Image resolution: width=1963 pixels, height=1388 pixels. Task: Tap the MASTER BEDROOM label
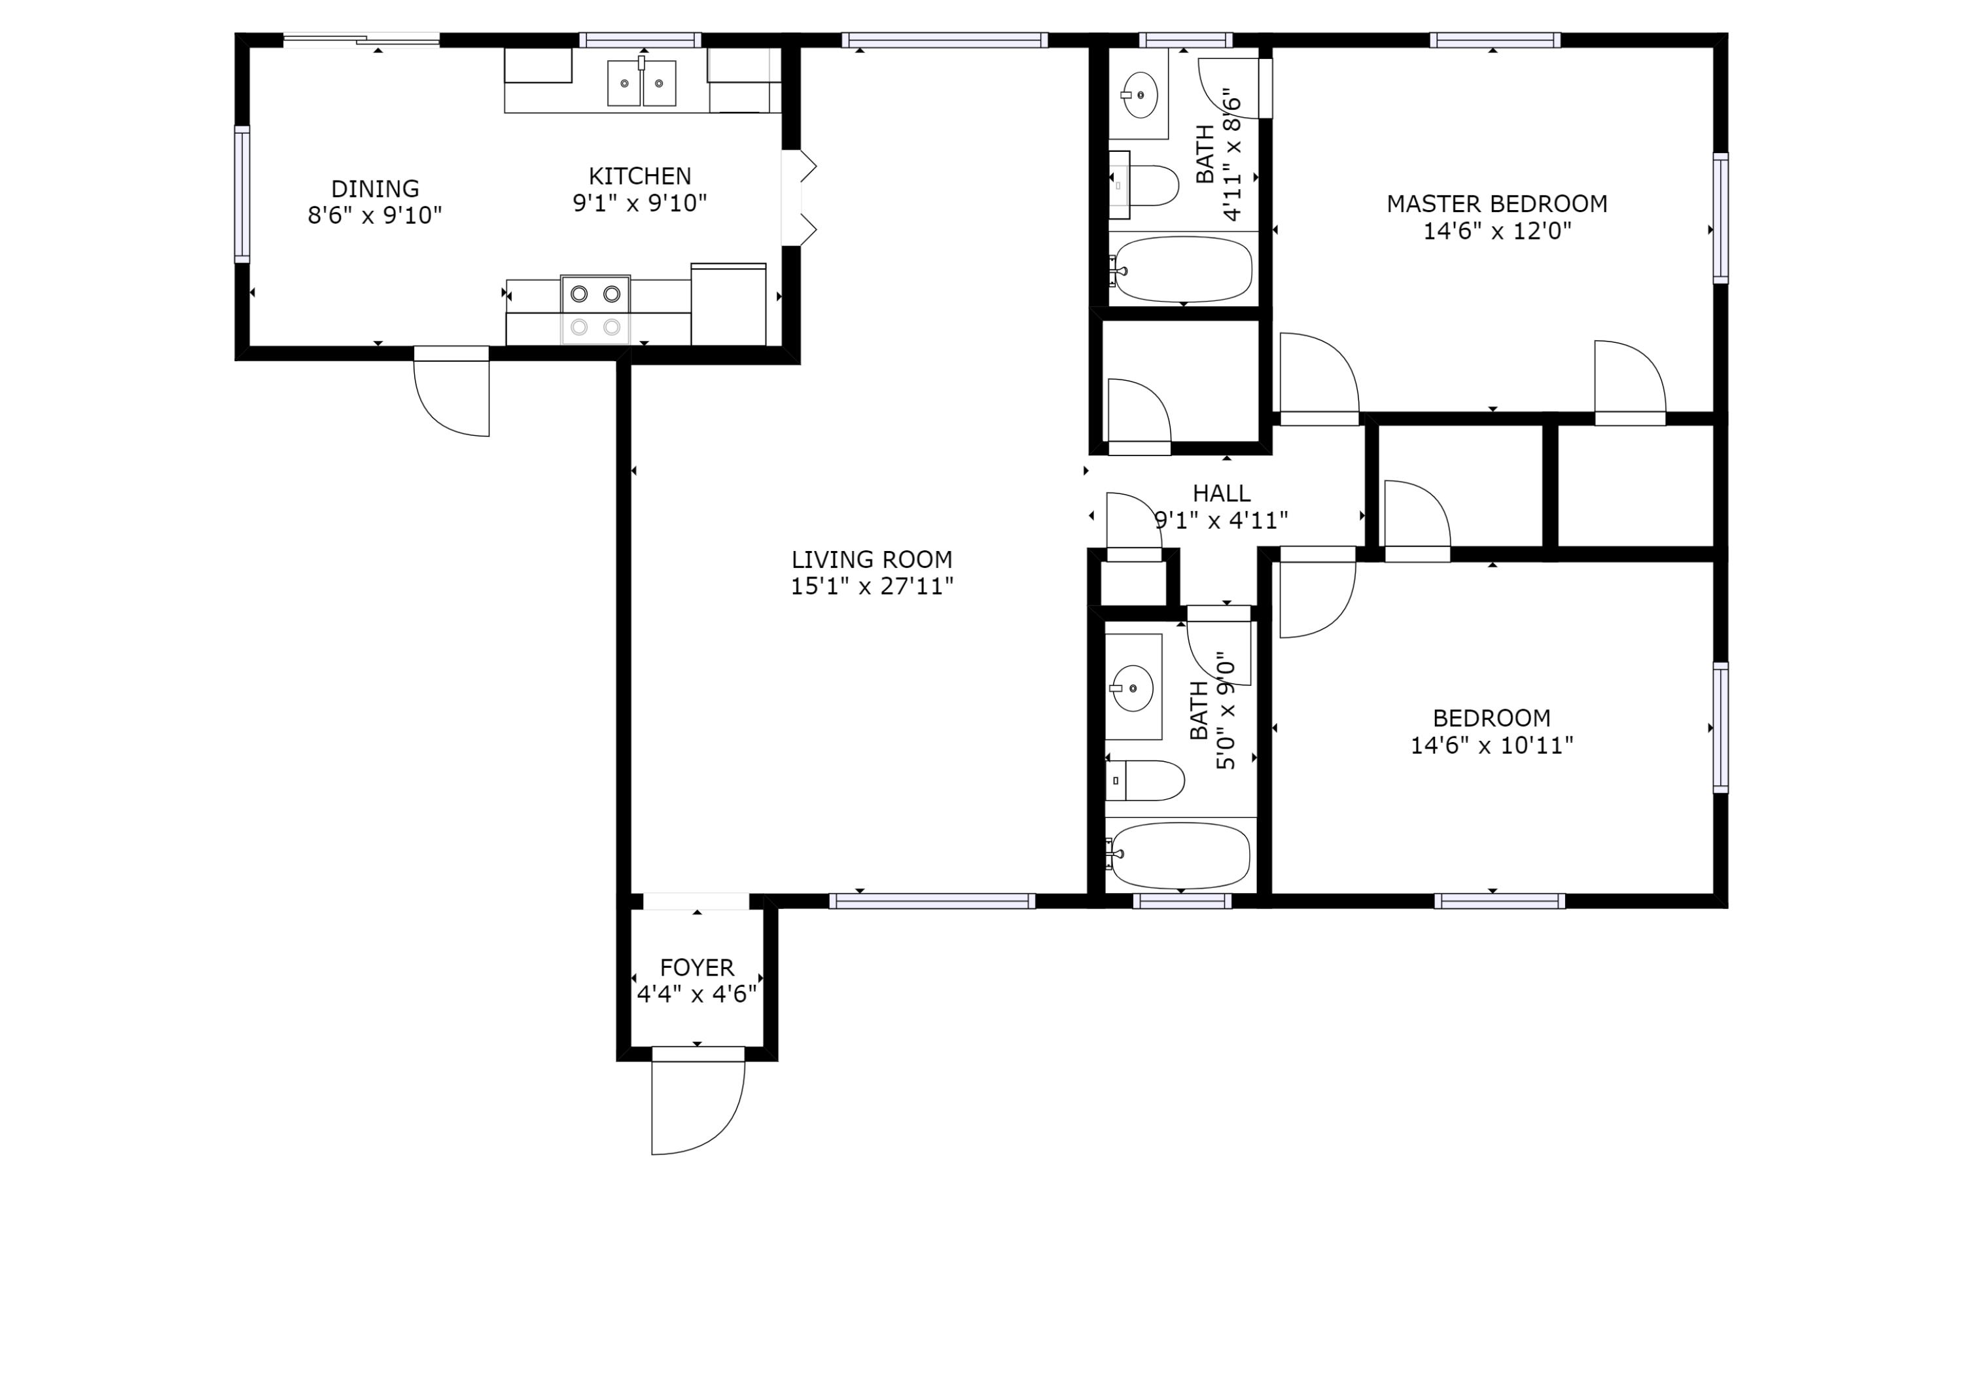coord(1496,204)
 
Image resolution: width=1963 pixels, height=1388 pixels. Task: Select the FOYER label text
coord(697,967)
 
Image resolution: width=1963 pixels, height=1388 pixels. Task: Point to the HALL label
coord(1221,493)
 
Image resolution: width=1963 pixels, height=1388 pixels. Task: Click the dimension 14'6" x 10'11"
coord(1491,745)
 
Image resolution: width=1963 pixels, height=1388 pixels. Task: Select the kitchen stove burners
coord(595,310)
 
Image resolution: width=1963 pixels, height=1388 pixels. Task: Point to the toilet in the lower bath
coord(1145,780)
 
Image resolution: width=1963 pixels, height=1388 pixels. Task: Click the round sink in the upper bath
coord(1140,94)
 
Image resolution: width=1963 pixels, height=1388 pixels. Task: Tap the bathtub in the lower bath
coord(1179,855)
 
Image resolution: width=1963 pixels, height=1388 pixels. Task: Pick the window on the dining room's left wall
coord(243,194)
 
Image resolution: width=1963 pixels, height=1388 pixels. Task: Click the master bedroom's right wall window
coord(1720,218)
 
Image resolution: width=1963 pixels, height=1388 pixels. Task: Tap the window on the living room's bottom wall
coord(932,900)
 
